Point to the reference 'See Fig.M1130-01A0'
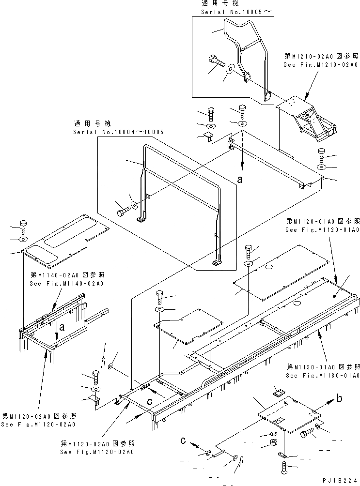tap(322, 375)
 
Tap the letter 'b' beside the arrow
tap(341, 399)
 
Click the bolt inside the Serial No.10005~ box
tap(215, 63)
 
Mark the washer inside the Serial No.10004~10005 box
tap(133, 200)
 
